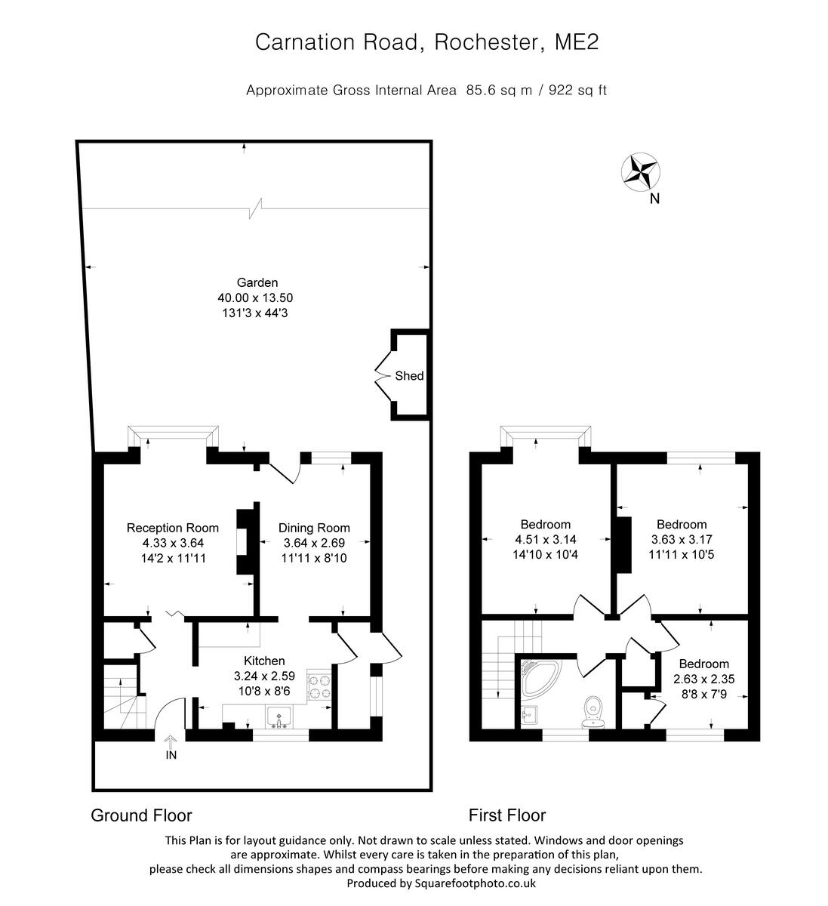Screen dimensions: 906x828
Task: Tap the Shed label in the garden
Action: point(409,376)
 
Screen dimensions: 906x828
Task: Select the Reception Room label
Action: point(173,528)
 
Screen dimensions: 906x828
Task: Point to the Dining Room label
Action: point(314,528)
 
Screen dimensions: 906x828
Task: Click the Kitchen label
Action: point(264,661)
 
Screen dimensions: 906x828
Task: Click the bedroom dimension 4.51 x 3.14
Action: point(545,539)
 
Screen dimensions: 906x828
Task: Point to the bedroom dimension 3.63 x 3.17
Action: point(682,539)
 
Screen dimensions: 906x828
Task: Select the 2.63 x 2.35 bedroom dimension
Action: point(703,679)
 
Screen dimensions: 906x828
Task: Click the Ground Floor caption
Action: point(141,815)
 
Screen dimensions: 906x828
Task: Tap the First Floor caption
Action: point(506,815)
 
